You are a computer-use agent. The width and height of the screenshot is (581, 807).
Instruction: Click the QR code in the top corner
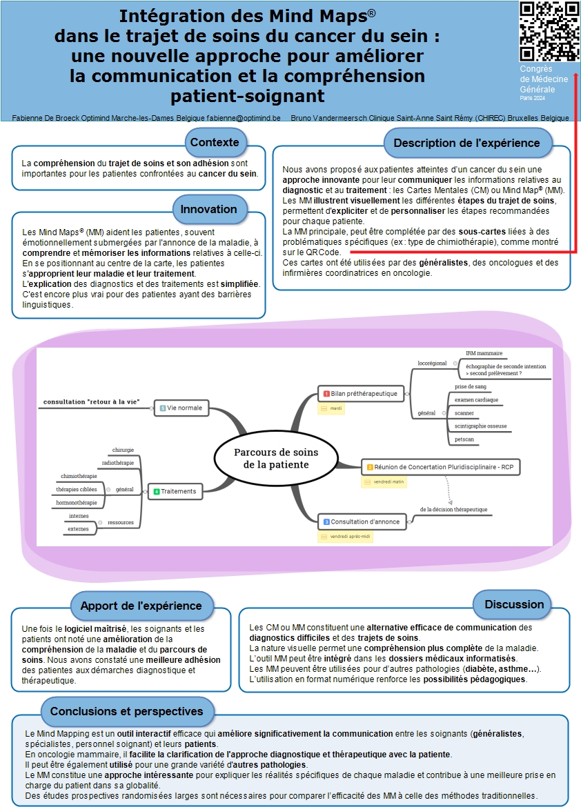(x=549, y=31)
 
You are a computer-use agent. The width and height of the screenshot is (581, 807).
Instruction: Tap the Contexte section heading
(x=215, y=143)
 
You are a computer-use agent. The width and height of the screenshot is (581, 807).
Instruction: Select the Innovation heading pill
(x=208, y=209)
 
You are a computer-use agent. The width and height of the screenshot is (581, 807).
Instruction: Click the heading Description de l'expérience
(x=466, y=143)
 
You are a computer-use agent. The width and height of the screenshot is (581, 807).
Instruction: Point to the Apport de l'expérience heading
(x=141, y=606)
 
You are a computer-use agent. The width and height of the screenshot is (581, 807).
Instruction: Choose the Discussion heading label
(x=514, y=604)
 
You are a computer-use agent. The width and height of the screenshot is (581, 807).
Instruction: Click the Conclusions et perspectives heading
(x=127, y=711)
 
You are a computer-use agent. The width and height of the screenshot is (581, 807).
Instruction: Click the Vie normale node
(x=180, y=408)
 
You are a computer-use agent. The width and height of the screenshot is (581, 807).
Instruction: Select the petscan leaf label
(x=464, y=439)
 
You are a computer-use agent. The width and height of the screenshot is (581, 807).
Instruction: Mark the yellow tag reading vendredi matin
(x=384, y=482)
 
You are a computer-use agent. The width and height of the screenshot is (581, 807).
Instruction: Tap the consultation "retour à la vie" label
(x=91, y=401)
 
